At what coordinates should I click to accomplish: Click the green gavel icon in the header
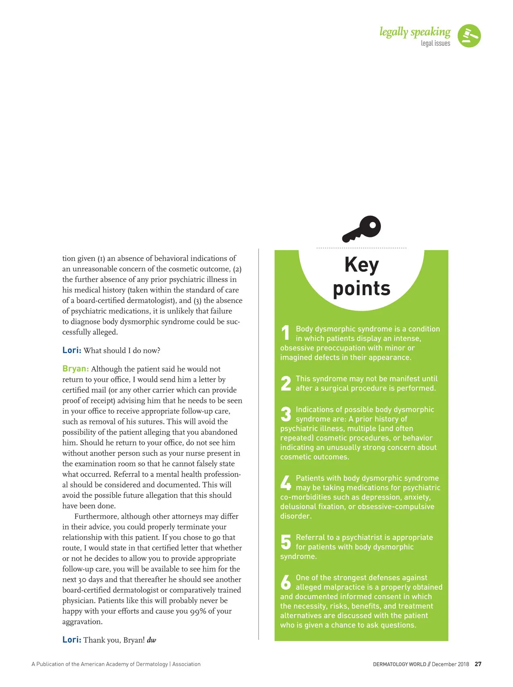click(x=469, y=36)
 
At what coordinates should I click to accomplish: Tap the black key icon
click(x=362, y=229)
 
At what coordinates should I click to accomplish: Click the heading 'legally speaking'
click(x=415, y=32)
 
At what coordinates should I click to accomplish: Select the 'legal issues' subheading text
click(x=435, y=43)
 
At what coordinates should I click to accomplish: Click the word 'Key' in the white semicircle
click(x=362, y=265)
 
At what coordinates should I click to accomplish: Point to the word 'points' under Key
click(x=362, y=288)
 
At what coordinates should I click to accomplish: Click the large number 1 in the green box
click(x=286, y=333)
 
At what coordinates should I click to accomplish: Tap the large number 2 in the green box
click(x=286, y=383)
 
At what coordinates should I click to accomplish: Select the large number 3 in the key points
click(x=286, y=414)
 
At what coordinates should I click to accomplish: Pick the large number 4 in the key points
click(x=286, y=483)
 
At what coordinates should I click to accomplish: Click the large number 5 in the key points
click(x=286, y=542)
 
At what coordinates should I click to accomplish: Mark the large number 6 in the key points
click(x=286, y=582)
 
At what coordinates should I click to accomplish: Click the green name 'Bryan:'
click(x=76, y=369)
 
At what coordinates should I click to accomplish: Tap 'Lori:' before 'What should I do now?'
click(x=72, y=350)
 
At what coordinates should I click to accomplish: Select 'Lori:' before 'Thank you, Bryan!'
click(x=72, y=640)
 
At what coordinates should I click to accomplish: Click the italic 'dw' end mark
click(x=151, y=640)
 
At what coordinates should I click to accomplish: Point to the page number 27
click(x=478, y=664)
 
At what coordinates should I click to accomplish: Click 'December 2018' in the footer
click(x=450, y=664)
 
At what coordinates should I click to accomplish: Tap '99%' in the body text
click(x=198, y=611)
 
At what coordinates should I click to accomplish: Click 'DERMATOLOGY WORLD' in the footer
click(x=399, y=664)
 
